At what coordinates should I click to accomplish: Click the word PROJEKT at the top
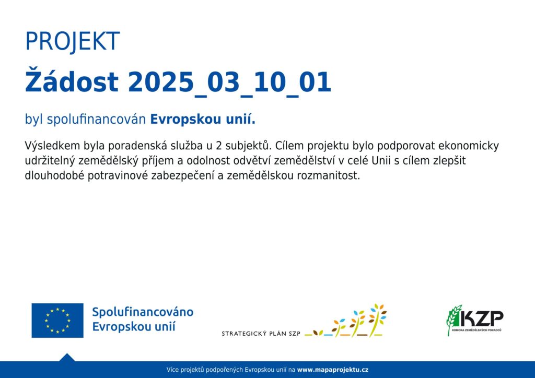(x=72, y=41)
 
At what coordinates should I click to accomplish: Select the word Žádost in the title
(x=72, y=80)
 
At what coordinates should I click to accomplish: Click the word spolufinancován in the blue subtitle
(x=97, y=120)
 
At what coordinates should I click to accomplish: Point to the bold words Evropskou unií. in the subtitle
(x=203, y=119)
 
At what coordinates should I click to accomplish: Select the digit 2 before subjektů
(x=219, y=146)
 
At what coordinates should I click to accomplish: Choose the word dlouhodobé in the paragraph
(x=54, y=175)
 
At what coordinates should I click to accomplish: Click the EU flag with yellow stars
(x=57, y=321)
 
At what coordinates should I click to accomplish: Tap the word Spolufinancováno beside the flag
(x=143, y=312)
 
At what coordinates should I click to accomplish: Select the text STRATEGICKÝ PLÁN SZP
(x=261, y=334)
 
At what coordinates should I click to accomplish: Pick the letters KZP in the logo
(x=481, y=318)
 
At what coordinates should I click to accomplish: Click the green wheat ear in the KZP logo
(x=453, y=320)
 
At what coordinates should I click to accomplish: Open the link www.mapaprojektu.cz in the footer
(x=333, y=370)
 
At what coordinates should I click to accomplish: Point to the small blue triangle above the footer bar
(x=67, y=358)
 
